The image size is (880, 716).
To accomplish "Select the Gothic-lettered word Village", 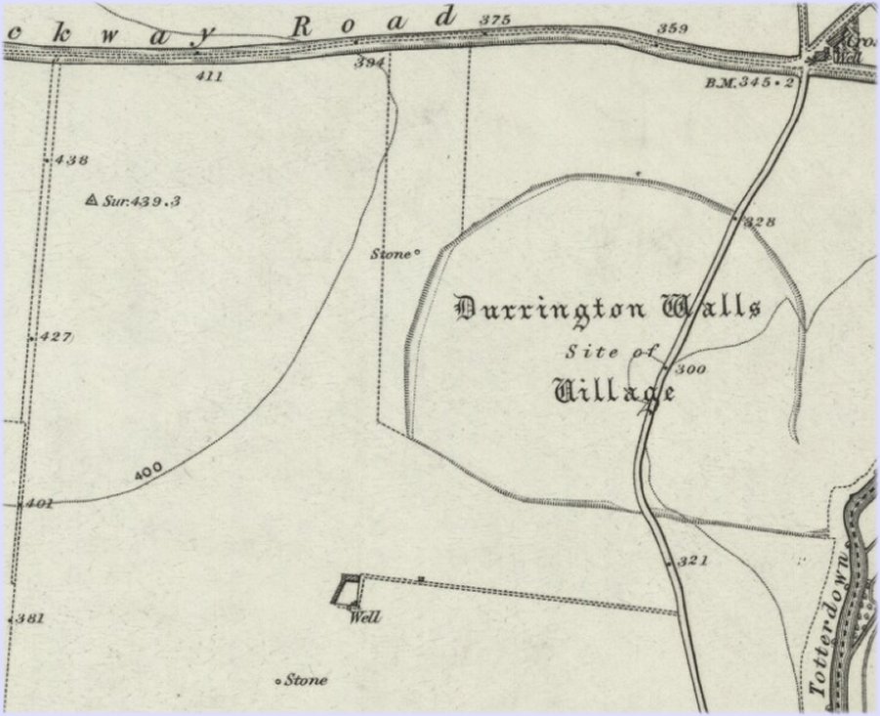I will (614, 392).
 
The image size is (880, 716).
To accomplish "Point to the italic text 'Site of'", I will (612, 352).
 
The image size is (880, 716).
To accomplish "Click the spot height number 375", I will (495, 20).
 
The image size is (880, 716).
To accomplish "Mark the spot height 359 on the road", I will (673, 28).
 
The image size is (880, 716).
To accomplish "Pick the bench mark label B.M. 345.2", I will (748, 84).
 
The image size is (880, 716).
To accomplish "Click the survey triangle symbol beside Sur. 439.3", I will (92, 200).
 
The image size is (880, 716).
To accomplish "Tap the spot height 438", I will (72, 159).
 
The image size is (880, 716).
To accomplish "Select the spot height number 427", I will (57, 337).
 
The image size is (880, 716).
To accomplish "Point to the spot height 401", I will (39, 504).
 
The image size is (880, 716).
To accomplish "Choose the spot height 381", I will (30, 618).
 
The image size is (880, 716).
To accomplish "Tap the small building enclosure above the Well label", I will (347, 590).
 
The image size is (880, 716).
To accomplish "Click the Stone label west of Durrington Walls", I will (391, 254).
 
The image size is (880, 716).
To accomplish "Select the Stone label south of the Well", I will (305, 681).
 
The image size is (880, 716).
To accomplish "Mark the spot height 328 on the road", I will (759, 223).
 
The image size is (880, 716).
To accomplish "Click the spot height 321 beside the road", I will (691, 562).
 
